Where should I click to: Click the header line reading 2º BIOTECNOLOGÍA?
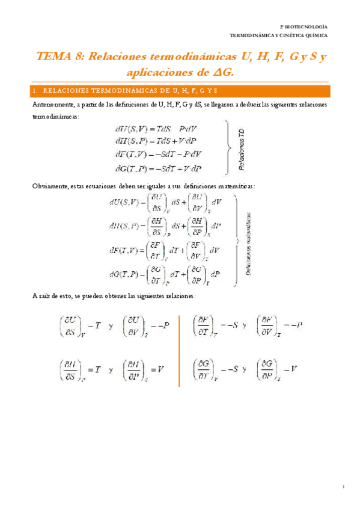tap(305, 28)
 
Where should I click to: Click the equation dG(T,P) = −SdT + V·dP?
tap(157, 168)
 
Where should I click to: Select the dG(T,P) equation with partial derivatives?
tap(164, 275)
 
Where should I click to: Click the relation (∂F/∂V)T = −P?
tap(279, 325)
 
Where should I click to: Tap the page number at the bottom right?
tap(343, 486)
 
